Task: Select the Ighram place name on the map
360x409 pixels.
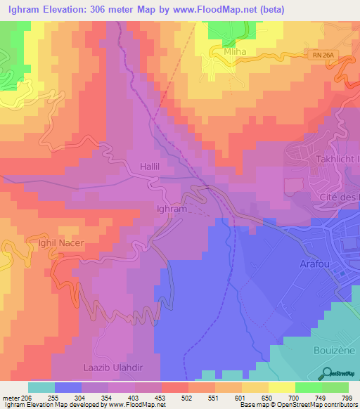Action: click(x=171, y=209)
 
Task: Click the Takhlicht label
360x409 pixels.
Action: click(x=335, y=160)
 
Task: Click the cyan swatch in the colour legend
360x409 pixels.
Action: click(x=41, y=387)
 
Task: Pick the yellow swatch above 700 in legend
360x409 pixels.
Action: click(x=282, y=387)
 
